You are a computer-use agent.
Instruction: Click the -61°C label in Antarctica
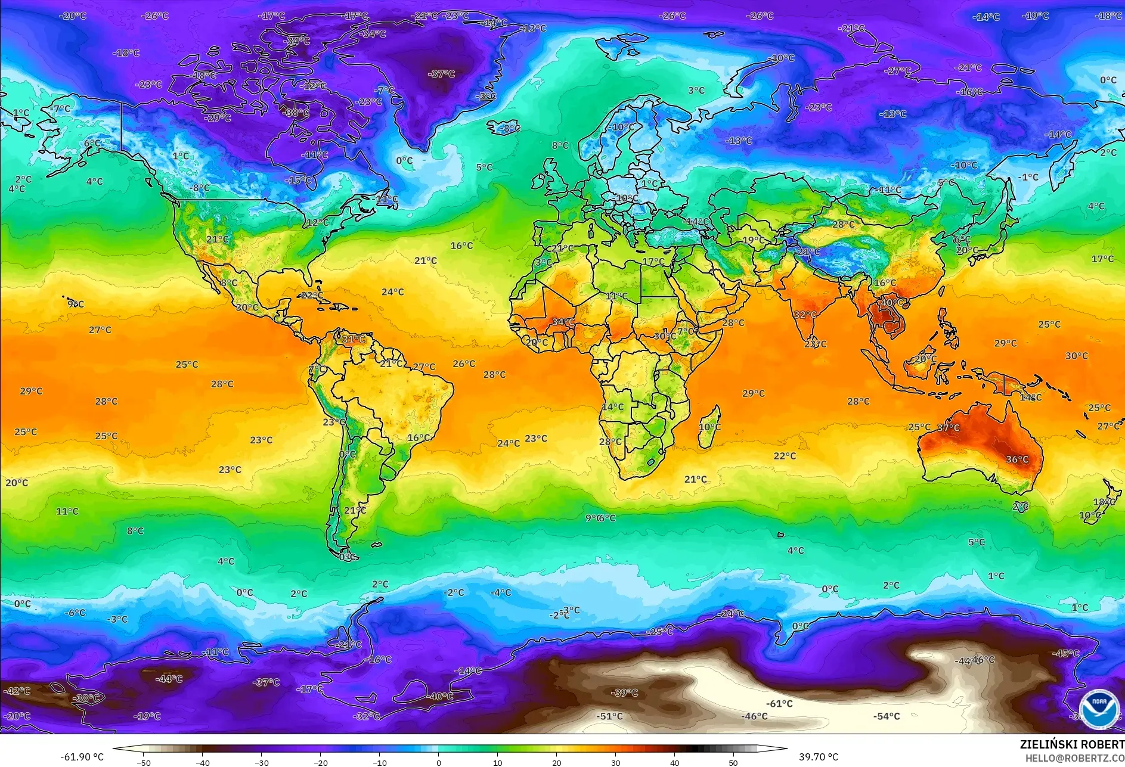point(779,703)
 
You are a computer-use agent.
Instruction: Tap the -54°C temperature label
point(887,716)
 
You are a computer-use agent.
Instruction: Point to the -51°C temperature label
point(609,716)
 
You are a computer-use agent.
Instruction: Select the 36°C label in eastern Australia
point(1017,459)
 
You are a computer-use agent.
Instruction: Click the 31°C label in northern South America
point(353,340)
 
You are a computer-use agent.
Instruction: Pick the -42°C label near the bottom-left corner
point(17,691)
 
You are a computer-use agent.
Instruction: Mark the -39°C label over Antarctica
point(624,693)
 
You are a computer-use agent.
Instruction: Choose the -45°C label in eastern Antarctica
point(1065,653)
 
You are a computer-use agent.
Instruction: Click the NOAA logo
point(1099,709)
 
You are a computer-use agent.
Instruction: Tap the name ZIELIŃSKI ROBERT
point(1071,744)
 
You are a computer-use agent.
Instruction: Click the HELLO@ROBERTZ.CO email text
point(1074,758)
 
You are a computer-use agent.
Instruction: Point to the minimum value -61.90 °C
point(82,757)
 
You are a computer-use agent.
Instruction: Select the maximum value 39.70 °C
point(819,757)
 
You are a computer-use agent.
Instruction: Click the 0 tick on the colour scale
point(439,763)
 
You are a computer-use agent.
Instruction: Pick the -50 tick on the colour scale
point(143,763)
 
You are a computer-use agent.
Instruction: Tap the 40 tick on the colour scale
point(674,763)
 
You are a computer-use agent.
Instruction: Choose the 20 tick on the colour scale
point(556,763)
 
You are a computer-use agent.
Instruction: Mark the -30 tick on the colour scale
point(261,763)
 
